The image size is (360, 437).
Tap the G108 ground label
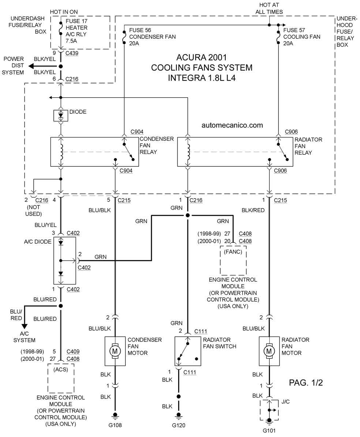115,425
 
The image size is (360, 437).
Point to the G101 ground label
269,430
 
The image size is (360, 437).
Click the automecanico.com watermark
232,125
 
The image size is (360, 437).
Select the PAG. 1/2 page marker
306,383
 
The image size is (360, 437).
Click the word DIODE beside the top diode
78,112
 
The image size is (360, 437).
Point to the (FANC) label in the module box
233,252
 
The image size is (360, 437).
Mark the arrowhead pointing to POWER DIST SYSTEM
32,66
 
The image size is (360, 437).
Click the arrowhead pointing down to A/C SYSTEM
25,327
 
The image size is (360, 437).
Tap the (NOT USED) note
34,210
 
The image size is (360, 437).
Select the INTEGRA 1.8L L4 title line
202,78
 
